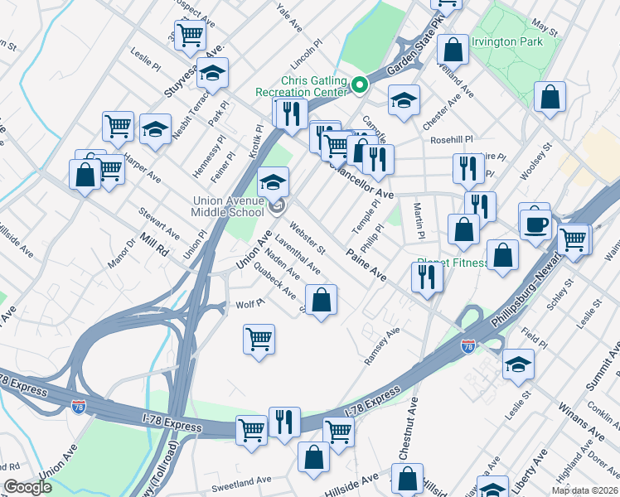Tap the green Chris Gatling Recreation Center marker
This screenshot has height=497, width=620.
[360, 84]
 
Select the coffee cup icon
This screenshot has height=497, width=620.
[536, 224]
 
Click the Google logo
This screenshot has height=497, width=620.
[27, 487]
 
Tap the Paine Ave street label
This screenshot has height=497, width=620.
[367, 264]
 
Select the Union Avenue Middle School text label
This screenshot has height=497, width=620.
[229, 206]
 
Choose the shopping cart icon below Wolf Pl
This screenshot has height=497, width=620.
[259, 339]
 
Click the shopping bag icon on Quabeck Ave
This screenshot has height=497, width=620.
[322, 299]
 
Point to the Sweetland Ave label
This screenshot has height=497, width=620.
[240, 480]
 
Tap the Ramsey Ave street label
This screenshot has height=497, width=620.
[382, 346]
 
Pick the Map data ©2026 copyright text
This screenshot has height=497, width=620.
[584, 490]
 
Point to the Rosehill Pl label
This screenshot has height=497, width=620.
[450, 140]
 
